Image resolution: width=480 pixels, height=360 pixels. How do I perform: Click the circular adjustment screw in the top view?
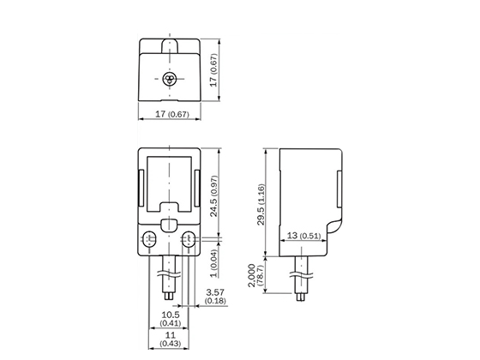[x=170, y=80]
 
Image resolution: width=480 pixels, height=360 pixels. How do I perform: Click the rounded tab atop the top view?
[x=170, y=42]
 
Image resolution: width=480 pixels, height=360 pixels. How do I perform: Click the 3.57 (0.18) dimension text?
[x=216, y=297]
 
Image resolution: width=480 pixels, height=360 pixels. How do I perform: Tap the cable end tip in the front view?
[x=170, y=301]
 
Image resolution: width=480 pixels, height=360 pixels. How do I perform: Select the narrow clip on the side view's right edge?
[x=339, y=185]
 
